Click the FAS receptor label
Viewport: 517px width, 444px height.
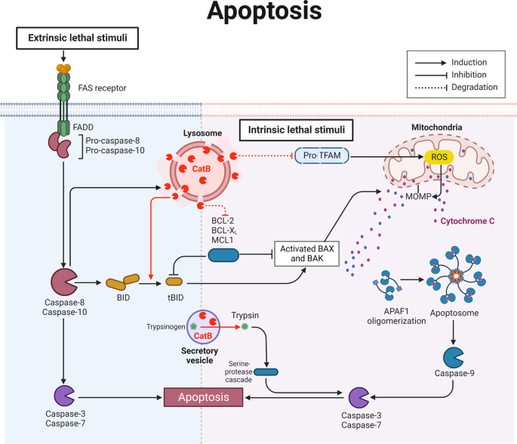102,88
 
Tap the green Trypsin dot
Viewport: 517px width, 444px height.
245,328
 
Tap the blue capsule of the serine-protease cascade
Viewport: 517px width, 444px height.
266,371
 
